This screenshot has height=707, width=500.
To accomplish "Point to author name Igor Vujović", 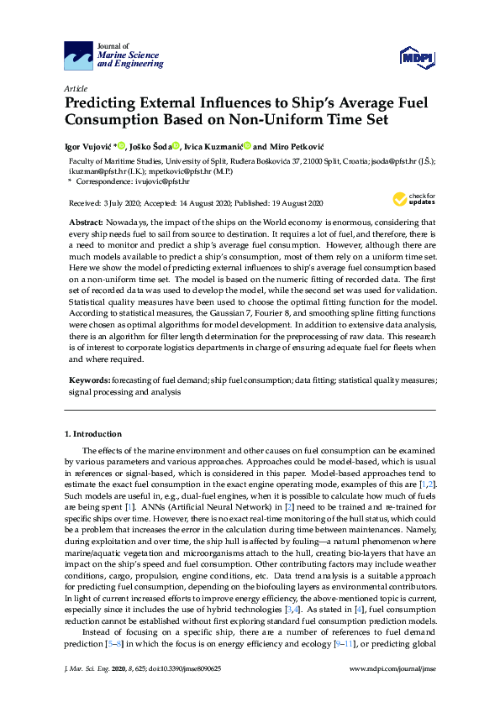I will point(89,146).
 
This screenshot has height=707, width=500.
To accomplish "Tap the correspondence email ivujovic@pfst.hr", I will point(169,181).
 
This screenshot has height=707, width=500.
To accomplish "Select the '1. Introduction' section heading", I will point(93,434).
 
